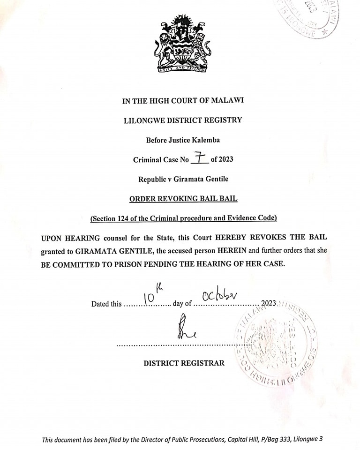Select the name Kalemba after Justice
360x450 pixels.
[x=204, y=140]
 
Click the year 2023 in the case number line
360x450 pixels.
[x=223, y=159]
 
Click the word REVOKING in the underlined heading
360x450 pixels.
[x=178, y=198]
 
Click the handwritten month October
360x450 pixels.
[x=220, y=296]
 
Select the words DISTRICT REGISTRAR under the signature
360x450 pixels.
[x=184, y=363]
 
